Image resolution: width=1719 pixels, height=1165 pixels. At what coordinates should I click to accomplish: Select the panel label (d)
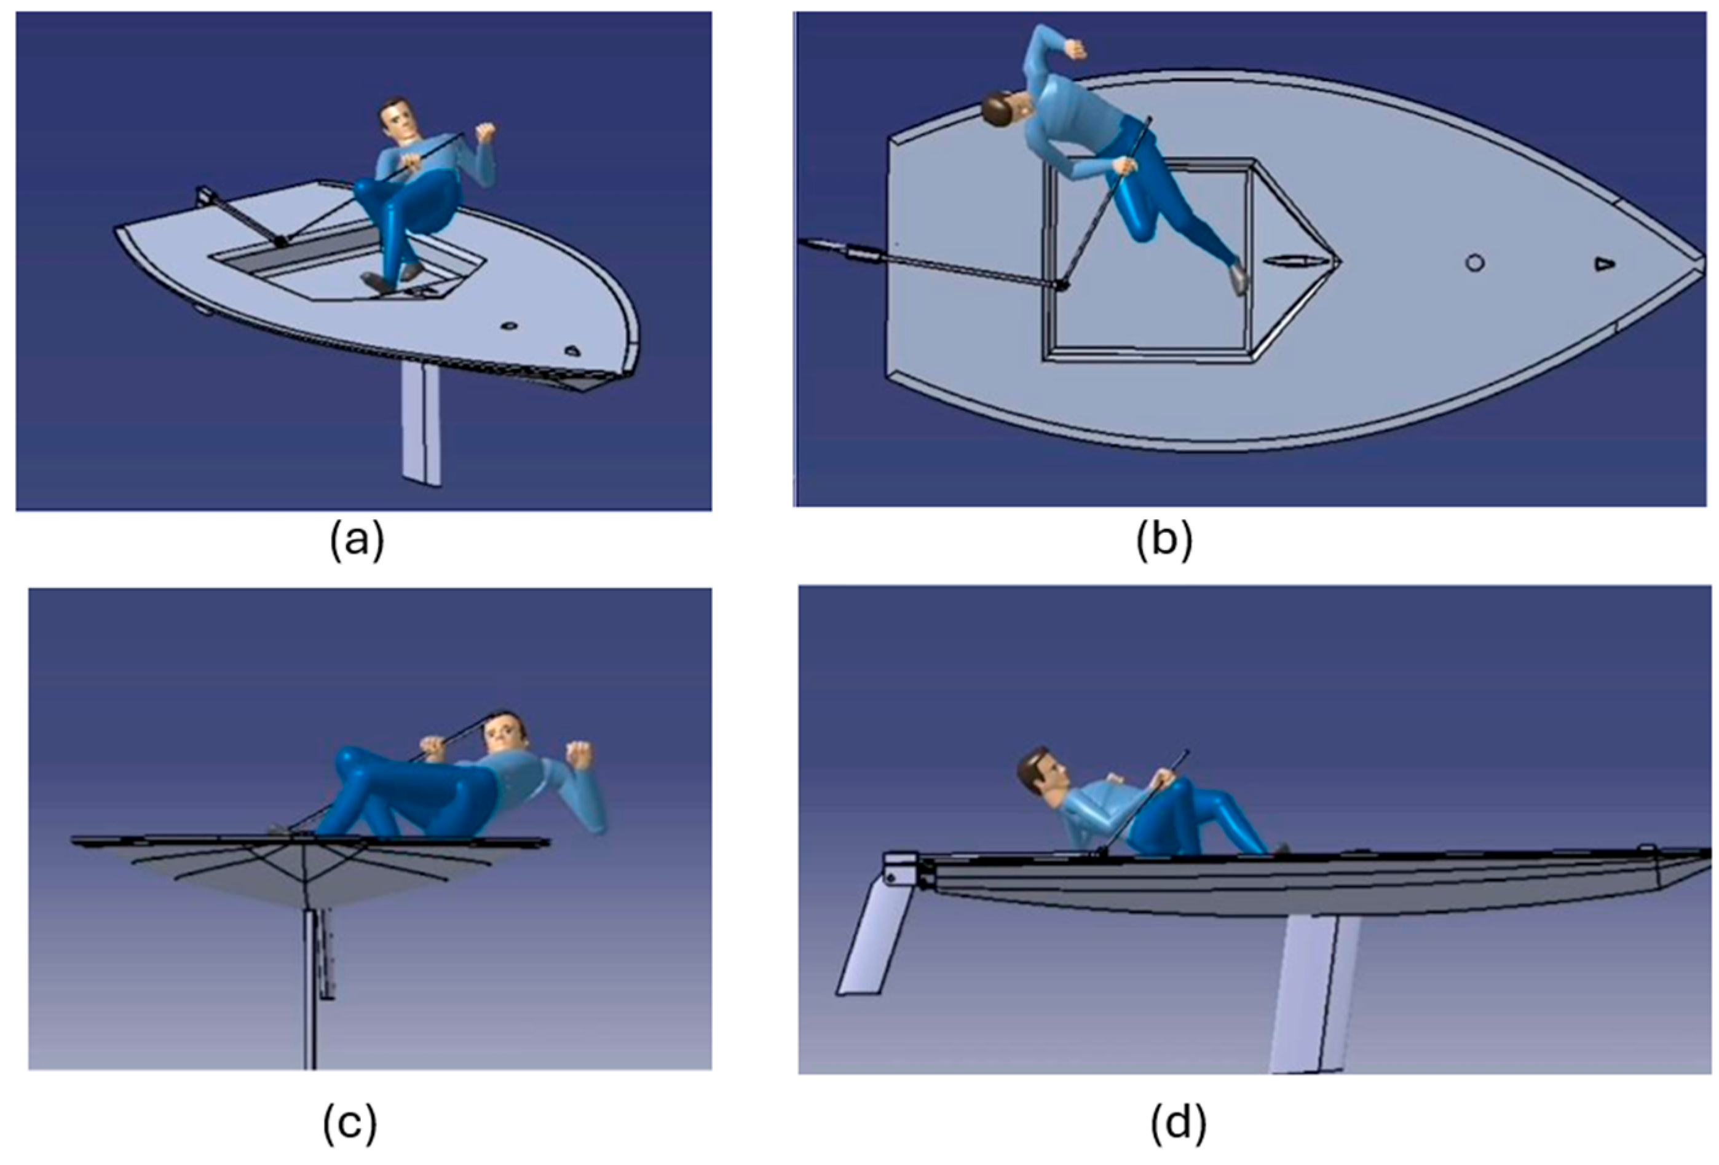(x=1179, y=1122)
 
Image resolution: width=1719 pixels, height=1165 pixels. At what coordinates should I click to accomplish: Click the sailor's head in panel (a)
(x=397, y=120)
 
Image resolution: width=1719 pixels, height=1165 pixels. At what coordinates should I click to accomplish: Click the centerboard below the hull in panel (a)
(x=421, y=425)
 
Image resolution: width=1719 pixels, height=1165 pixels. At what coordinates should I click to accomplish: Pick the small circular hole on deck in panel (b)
(x=1475, y=262)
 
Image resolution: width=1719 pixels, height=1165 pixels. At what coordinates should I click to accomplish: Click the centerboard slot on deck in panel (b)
(x=1290, y=261)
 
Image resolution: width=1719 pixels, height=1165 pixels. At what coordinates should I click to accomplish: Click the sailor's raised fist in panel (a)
(x=485, y=133)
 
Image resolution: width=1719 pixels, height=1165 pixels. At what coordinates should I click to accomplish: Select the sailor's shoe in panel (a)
(x=386, y=280)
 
